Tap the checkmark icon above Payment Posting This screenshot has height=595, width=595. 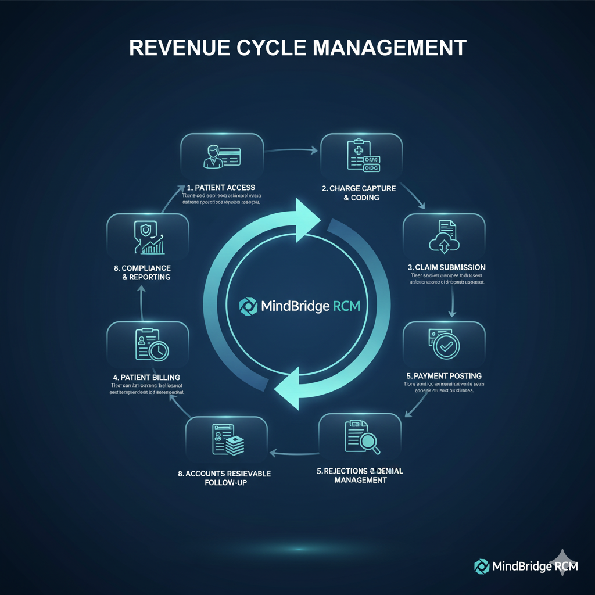point(446,346)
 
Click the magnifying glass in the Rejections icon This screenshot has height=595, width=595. point(370,443)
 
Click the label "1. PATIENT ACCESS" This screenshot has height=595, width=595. point(221,188)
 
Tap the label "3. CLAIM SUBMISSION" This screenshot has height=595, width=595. point(447,267)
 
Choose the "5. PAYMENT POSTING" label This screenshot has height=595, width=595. point(443,376)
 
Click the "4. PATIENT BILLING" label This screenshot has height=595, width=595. point(147,377)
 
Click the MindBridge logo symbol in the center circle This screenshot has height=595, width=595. point(247,306)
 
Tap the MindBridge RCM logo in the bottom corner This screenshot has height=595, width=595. point(526,566)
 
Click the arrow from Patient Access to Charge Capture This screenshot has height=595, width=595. point(292,151)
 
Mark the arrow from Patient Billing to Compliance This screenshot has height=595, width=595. point(142,302)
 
